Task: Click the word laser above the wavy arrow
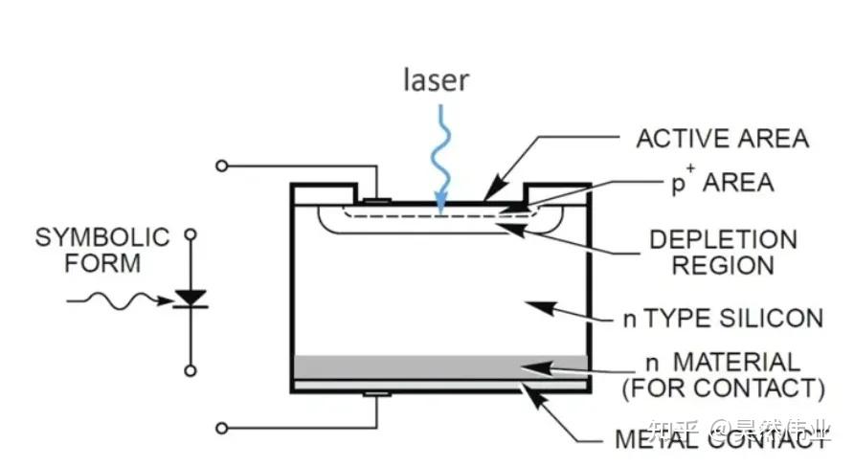pyautogui.click(x=436, y=80)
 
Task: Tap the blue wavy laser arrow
pyautogui.click(x=441, y=158)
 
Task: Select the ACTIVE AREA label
pyautogui.click(x=722, y=139)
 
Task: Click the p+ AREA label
pyautogui.click(x=722, y=181)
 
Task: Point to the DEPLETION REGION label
pyautogui.click(x=723, y=253)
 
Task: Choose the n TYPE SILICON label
pyautogui.click(x=723, y=319)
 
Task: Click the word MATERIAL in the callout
pyautogui.click(x=737, y=362)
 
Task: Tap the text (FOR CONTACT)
pyautogui.click(x=723, y=388)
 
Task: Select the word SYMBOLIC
pyautogui.click(x=102, y=237)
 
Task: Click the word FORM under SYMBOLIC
pyautogui.click(x=102, y=263)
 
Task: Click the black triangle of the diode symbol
pyautogui.click(x=191, y=298)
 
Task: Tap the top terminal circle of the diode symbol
pyautogui.click(x=191, y=234)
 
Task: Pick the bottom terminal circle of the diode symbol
pyautogui.click(x=191, y=370)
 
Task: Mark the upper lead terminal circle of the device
pyautogui.click(x=222, y=166)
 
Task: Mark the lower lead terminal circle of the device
pyautogui.click(x=222, y=428)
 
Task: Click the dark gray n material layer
pyautogui.click(x=440, y=366)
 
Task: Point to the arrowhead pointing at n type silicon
pyautogui.click(x=541, y=307)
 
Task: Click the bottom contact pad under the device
pyautogui.click(x=377, y=393)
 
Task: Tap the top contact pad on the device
pyautogui.click(x=377, y=201)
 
